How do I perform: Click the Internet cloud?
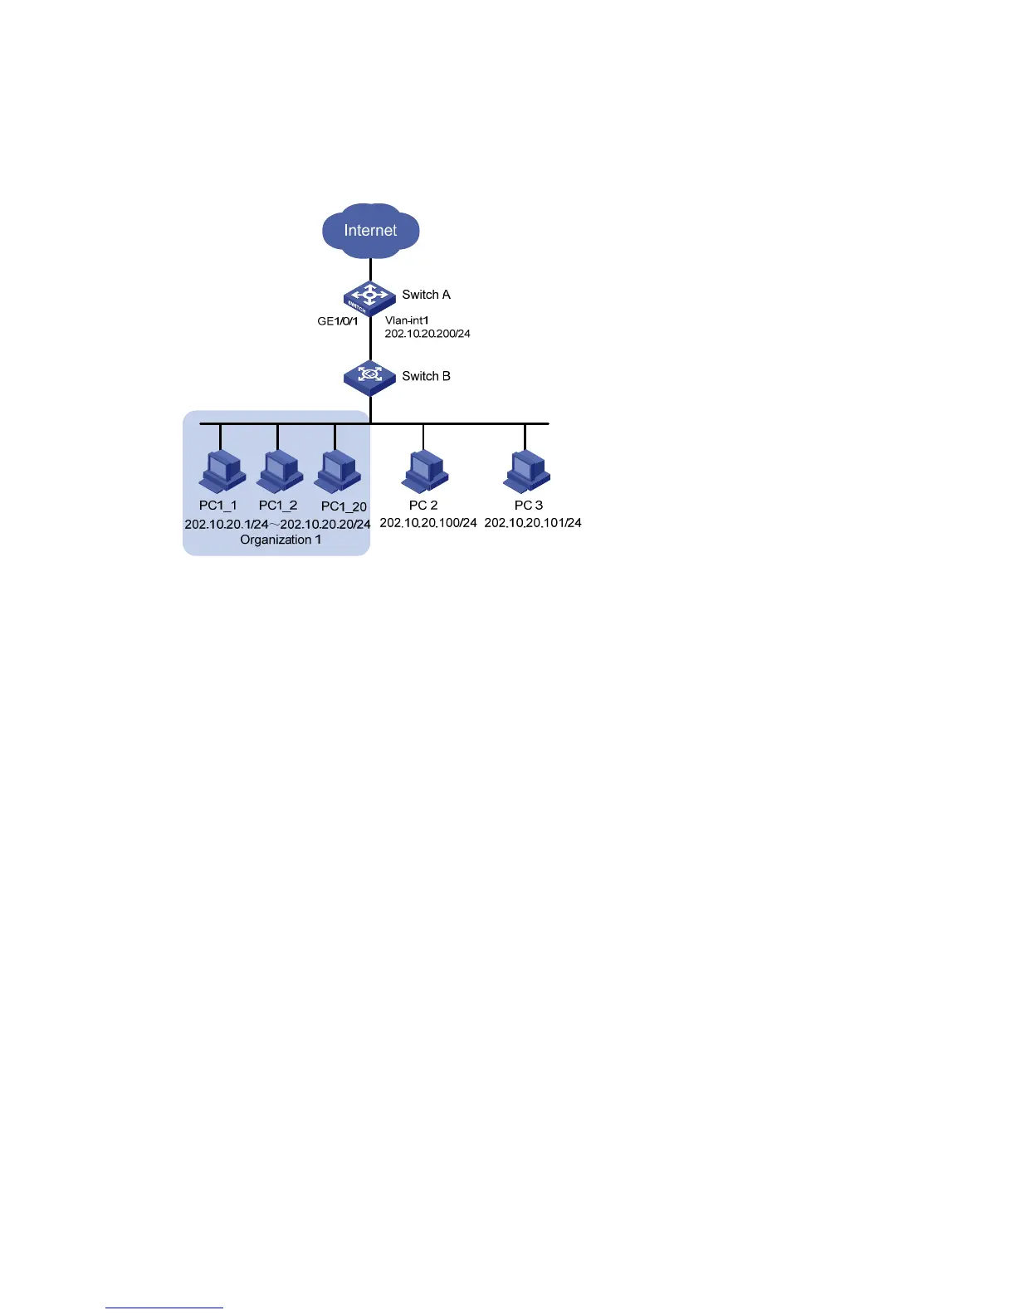pos(370,230)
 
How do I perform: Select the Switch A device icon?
pos(369,296)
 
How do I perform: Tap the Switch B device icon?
pos(369,377)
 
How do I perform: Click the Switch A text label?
pos(426,295)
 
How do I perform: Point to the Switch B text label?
pos(426,376)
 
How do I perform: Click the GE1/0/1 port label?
pos(338,320)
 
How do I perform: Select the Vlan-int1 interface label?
pos(407,320)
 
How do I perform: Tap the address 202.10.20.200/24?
pos(427,334)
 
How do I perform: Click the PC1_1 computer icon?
pos(222,472)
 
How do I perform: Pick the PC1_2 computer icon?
pos(279,472)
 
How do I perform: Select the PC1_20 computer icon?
pos(338,472)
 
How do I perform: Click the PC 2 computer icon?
pos(425,472)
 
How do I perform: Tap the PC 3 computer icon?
pos(527,472)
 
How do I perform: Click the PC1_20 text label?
pos(344,506)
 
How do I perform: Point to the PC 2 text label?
pos(423,505)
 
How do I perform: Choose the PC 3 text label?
pos(529,505)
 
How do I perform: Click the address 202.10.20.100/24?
pos(428,523)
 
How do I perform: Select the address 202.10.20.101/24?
pos(533,523)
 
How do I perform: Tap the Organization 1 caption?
pos(281,540)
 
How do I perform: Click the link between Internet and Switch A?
pos(370,269)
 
